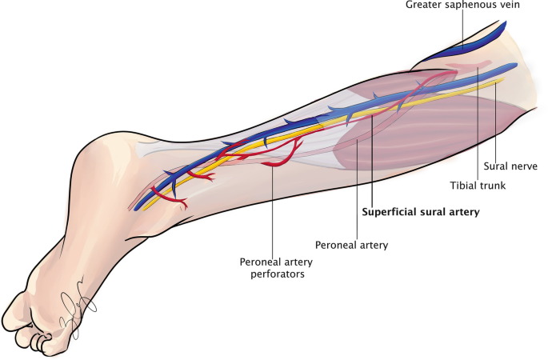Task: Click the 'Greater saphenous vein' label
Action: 462,6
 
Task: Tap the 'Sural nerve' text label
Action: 510,166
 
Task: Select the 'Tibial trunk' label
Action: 477,186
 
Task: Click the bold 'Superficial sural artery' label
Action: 420,213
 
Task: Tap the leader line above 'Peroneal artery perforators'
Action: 273,208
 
